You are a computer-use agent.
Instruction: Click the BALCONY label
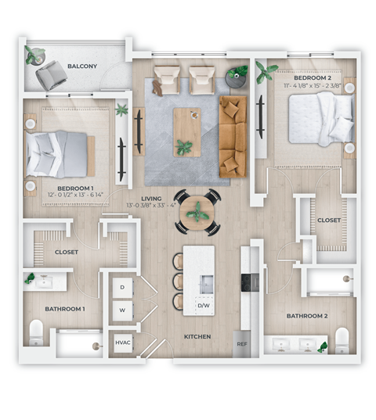(x=82, y=66)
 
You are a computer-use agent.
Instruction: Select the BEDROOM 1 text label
(x=77, y=188)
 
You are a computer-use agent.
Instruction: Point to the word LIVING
(x=151, y=199)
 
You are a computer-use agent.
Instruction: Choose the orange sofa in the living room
(x=233, y=135)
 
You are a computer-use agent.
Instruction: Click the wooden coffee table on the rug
(x=186, y=131)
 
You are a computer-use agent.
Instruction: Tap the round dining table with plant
(x=197, y=211)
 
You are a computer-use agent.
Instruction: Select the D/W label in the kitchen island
(x=202, y=305)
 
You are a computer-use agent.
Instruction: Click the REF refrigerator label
(x=241, y=343)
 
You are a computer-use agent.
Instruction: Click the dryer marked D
(x=122, y=288)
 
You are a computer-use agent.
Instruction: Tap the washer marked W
(x=122, y=310)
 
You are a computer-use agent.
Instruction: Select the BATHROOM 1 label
(x=64, y=309)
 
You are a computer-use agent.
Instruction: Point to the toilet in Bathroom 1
(x=36, y=332)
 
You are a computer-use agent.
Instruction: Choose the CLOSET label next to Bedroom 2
(x=328, y=221)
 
